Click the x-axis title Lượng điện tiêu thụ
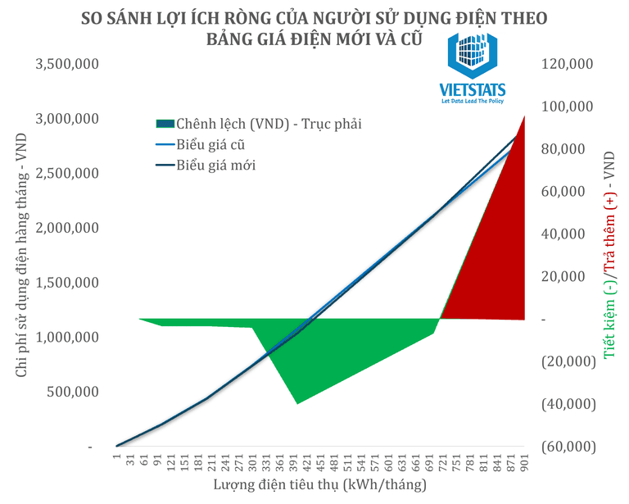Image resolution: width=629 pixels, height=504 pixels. pos(320,486)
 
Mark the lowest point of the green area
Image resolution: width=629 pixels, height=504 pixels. pos(297,402)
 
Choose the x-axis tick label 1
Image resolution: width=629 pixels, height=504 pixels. pos(117,464)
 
